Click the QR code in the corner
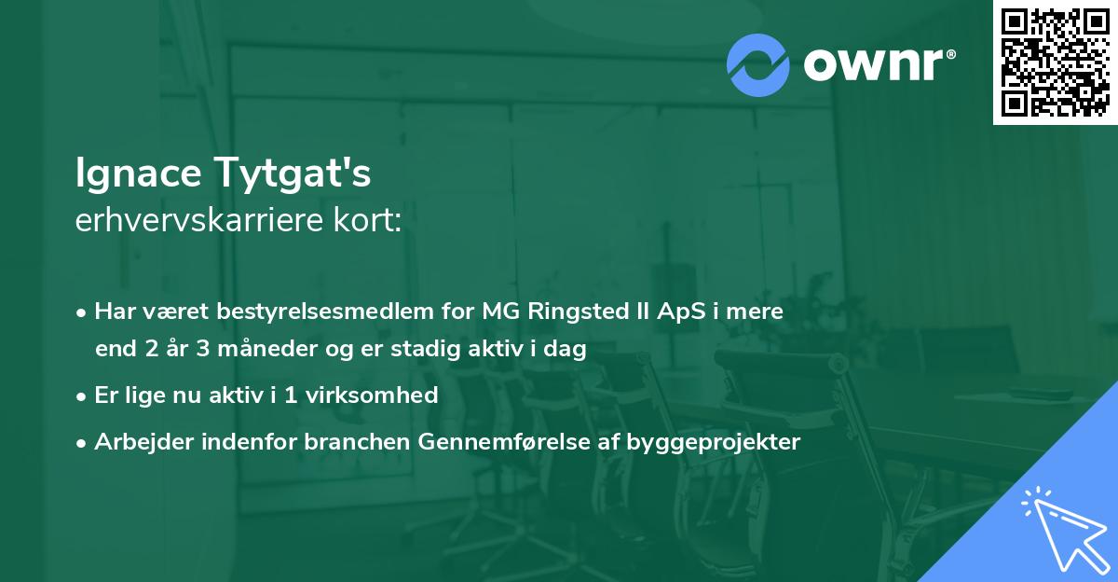point(1055,62)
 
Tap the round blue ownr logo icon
point(758,64)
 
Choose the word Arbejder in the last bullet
point(136,442)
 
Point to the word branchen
point(347,442)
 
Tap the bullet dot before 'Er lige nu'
point(83,395)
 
